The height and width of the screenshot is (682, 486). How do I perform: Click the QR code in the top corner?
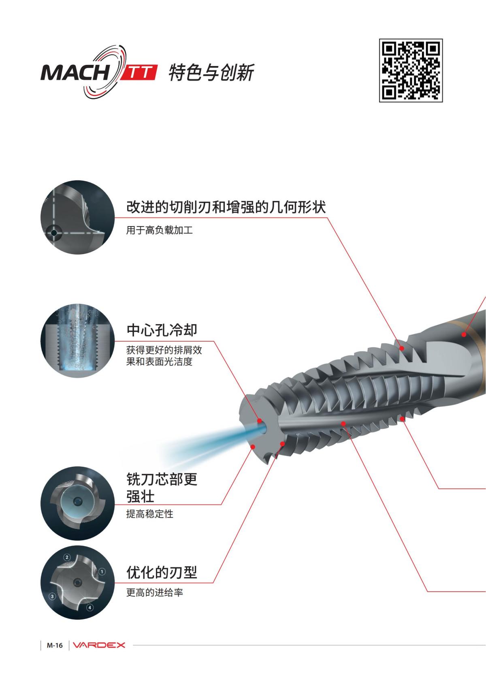[411, 71]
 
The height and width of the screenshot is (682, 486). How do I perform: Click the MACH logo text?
[75, 73]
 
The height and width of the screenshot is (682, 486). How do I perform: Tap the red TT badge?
[139, 73]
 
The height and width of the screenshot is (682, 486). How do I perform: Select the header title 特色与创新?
[211, 73]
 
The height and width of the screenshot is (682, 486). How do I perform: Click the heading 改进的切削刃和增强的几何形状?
[226, 207]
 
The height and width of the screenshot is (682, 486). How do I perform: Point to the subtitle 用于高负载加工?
[159, 231]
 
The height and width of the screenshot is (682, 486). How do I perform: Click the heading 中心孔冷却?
[162, 330]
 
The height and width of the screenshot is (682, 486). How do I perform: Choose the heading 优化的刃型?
[162, 572]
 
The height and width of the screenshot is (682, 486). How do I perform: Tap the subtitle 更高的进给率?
[154, 592]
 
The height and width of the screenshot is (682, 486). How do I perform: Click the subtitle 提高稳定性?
[149, 514]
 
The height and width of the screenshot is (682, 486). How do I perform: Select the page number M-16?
[55, 645]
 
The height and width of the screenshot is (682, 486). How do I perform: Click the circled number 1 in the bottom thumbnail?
[102, 571]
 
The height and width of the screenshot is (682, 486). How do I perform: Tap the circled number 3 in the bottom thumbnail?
[52, 596]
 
